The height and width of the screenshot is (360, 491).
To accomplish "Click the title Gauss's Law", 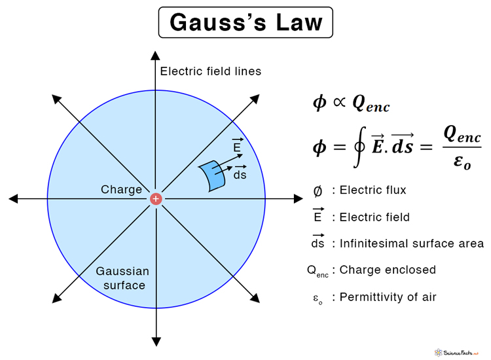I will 245,22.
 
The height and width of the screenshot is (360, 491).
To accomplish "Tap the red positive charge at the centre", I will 156,198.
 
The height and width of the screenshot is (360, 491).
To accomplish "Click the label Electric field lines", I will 211,71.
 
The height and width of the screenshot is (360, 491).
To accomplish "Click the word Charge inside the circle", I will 121,190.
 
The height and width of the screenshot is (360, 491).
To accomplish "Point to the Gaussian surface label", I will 122,278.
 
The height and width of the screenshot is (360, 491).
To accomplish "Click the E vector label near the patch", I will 237,147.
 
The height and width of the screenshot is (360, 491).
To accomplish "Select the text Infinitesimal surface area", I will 412,243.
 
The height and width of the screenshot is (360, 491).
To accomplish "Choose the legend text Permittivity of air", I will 388,297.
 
